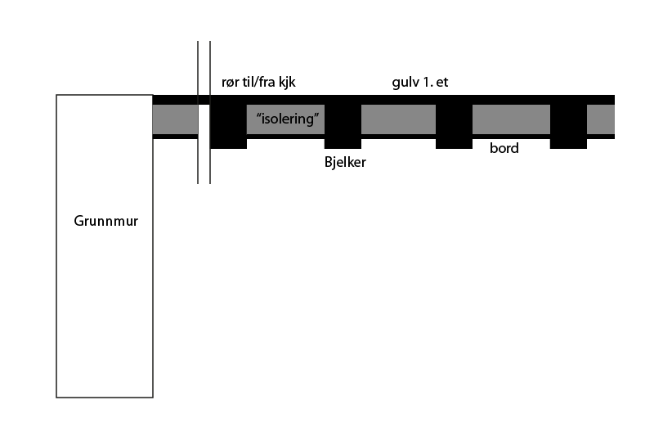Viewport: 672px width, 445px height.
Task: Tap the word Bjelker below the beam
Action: (x=345, y=162)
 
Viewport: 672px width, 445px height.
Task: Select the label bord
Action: (x=504, y=149)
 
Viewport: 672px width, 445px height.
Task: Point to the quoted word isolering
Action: (x=286, y=119)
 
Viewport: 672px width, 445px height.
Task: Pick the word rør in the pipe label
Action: (x=231, y=82)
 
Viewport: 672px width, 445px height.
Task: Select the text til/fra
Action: (x=262, y=82)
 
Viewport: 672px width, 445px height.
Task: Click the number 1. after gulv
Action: (x=428, y=82)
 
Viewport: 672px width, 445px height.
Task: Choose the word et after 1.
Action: (x=442, y=82)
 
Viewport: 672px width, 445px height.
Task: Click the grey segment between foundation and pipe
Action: (x=175, y=119)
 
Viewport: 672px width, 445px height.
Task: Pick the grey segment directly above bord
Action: (x=511, y=119)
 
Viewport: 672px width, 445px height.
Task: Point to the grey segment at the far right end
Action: (x=601, y=119)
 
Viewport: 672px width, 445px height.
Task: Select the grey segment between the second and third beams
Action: (x=398, y=119)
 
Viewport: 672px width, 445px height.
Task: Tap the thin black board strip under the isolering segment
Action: (x=286, y=137)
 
